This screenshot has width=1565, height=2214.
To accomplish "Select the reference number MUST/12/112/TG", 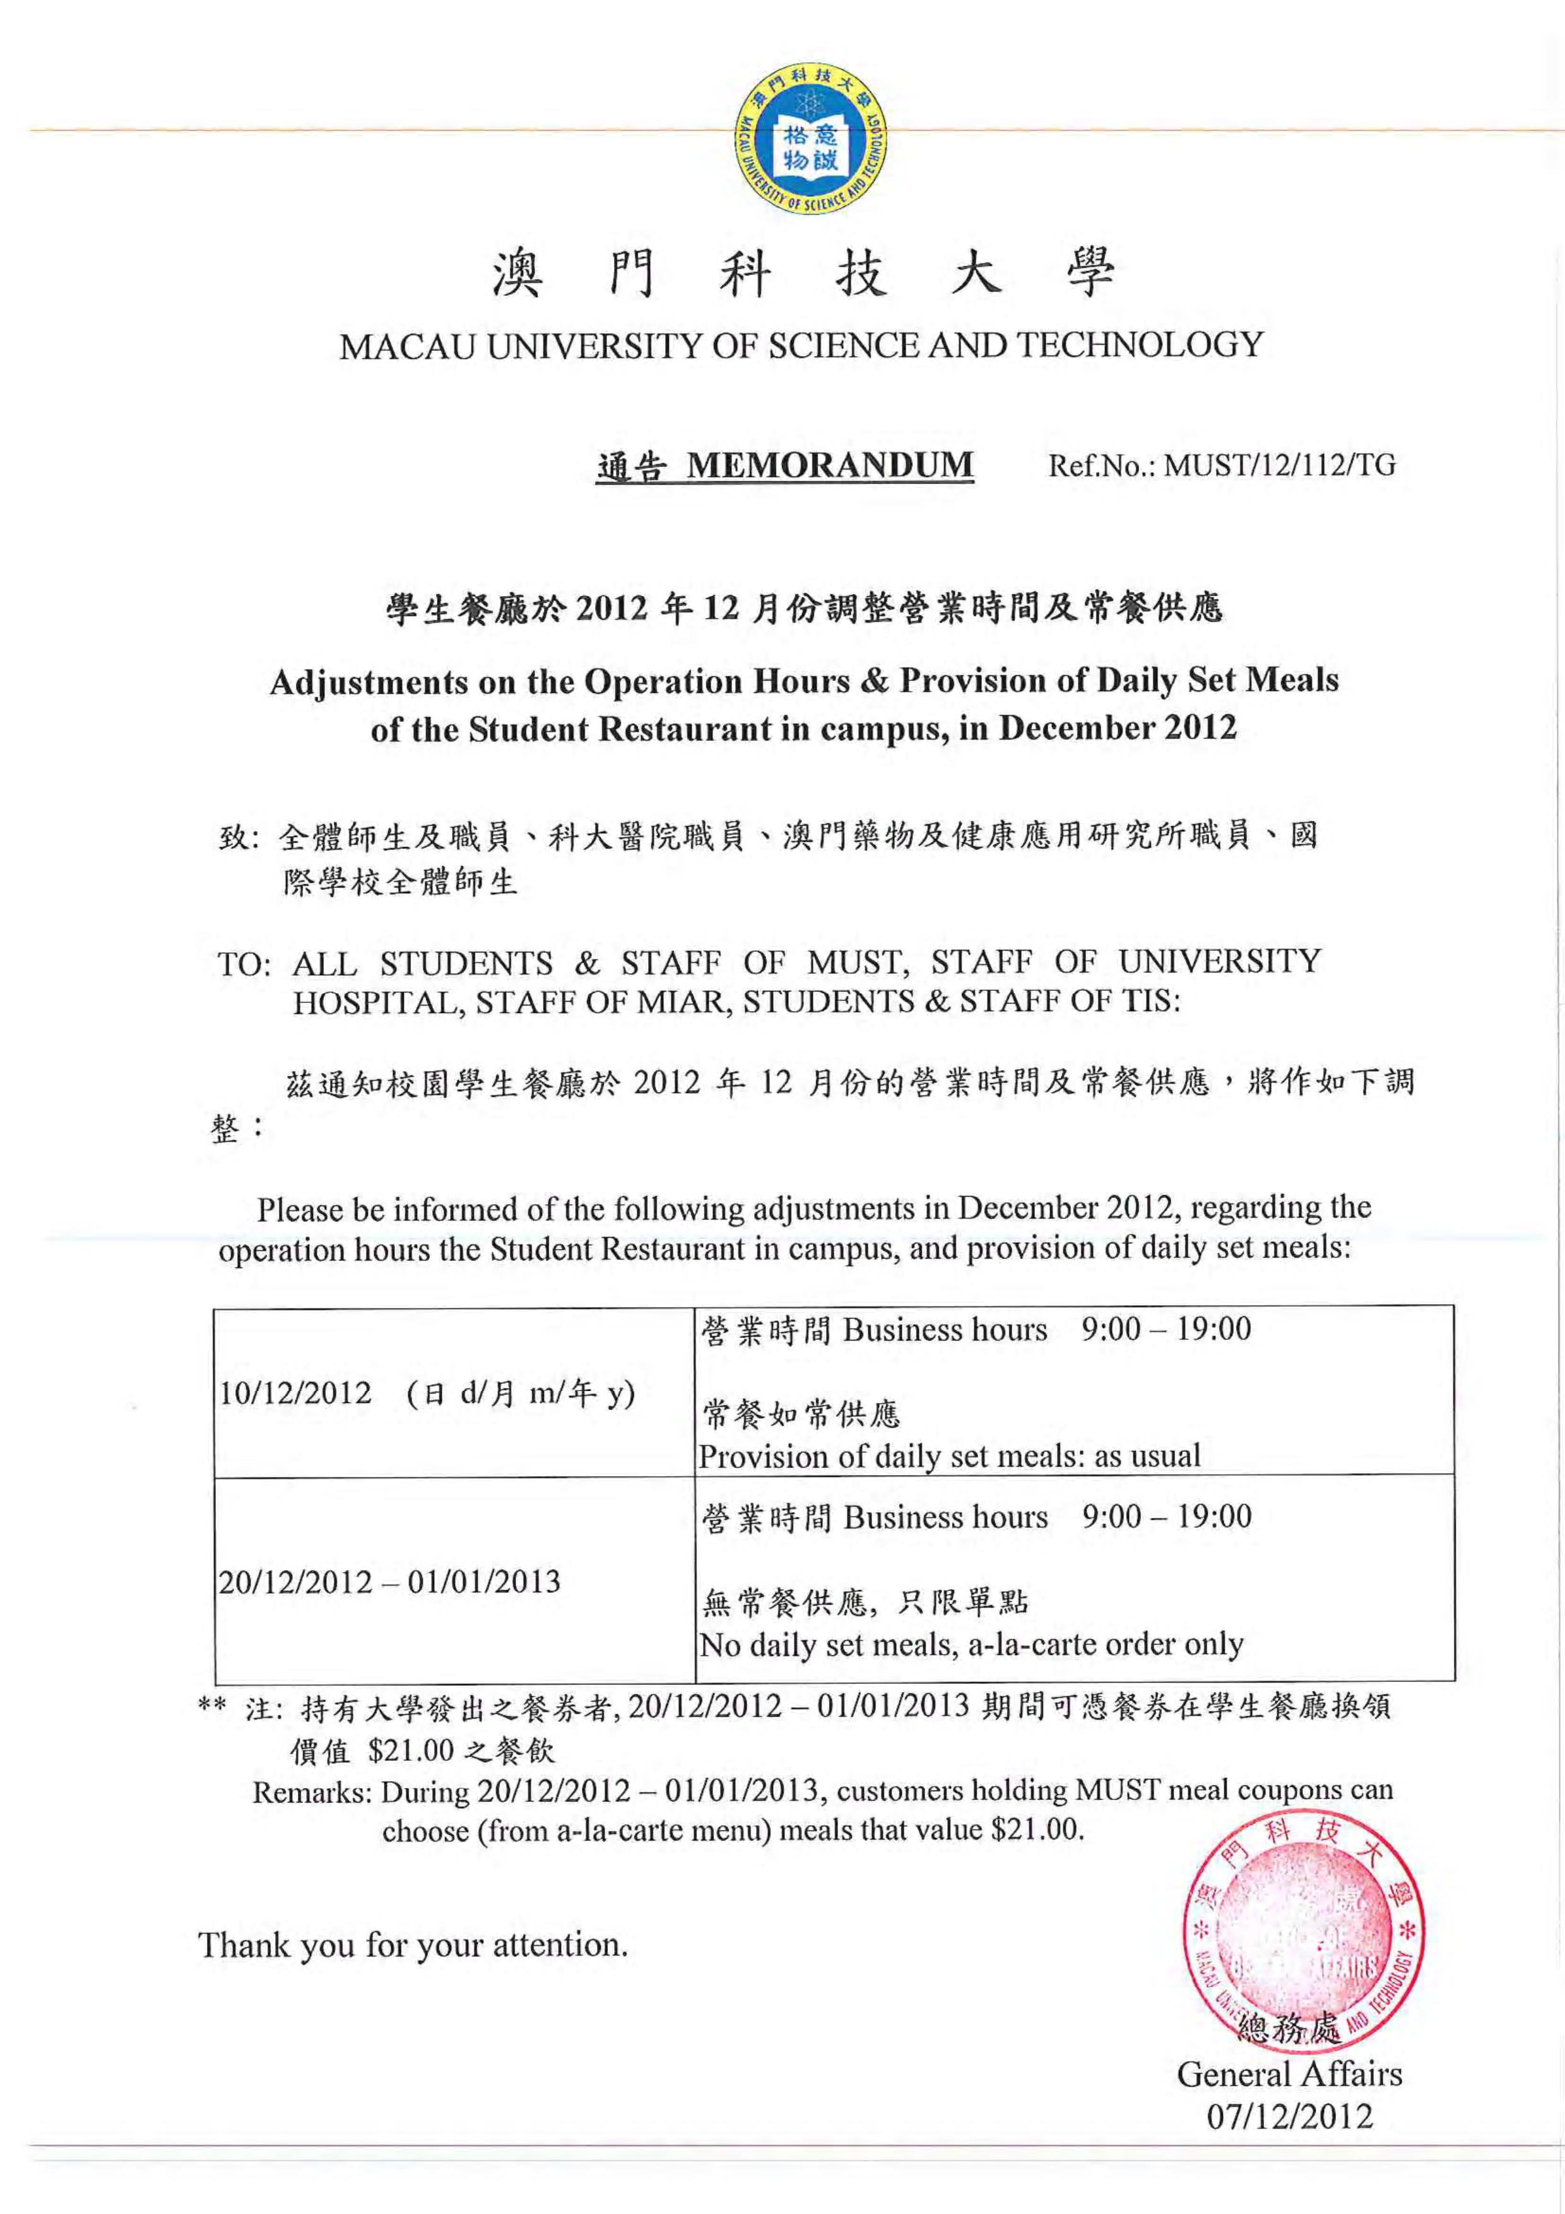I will tap(1280, 466).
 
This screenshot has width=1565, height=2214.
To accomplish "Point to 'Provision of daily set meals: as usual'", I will tap(950, 1456).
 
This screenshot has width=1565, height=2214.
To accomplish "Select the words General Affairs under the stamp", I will tap(1289, 2074).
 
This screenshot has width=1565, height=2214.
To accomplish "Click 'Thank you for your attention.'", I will tap(413, 1945).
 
